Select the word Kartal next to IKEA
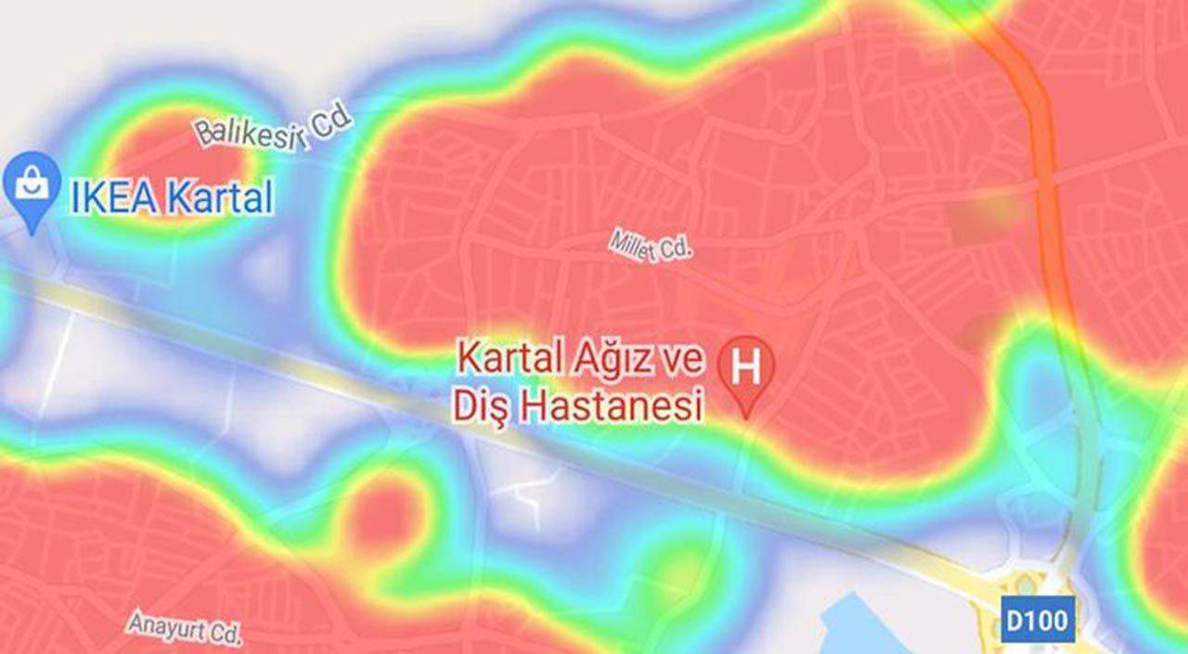click(220, 199)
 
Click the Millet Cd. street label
click(652, 246)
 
